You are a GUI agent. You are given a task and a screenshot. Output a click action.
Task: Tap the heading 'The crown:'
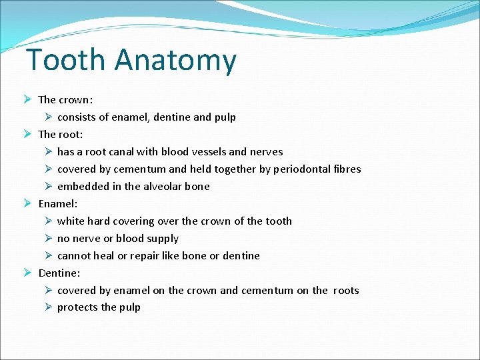[x=65, y=100]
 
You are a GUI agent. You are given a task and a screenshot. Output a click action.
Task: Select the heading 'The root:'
[x=61, y=135]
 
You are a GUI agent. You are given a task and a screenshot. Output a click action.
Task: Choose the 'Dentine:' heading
[x=59, y=273]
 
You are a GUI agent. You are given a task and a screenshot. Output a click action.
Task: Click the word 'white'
[x=71, y=221]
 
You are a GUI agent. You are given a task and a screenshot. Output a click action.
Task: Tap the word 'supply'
[x=163, y=239]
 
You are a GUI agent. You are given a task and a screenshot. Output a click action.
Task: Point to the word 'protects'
[x=77, y=308]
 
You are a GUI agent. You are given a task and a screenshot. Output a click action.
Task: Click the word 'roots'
[x=345, y=291]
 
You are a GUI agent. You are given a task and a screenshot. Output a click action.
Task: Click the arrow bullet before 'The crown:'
[x=28, y=100]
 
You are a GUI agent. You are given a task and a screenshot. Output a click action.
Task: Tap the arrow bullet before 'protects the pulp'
[x=48, y=307]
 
